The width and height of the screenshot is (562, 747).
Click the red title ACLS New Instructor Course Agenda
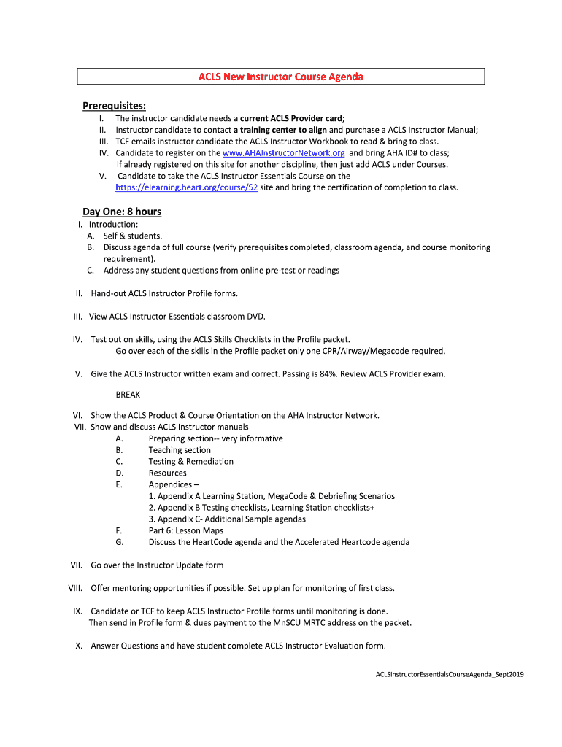click(x=281, y=77)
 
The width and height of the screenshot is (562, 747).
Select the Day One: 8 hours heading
click(x=122, y=212)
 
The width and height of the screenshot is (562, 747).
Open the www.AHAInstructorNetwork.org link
click(x=283, y=152)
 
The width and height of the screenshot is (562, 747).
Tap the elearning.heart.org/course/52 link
click(x=187, y=187)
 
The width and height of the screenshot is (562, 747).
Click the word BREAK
click(x=128, y=395)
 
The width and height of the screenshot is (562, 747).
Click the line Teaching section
click(x=180, y=450)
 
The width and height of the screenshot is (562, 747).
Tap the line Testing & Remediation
click(x=191, y=462)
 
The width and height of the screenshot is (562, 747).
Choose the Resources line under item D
click(x=167, y=473)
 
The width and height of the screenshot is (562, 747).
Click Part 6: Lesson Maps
click(x=185, y=531)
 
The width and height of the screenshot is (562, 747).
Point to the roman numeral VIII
click(x=74, y=588)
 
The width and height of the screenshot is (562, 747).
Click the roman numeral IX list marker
click(x=77, y=611)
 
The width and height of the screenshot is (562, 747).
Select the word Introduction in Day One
click(x=113, y=225)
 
